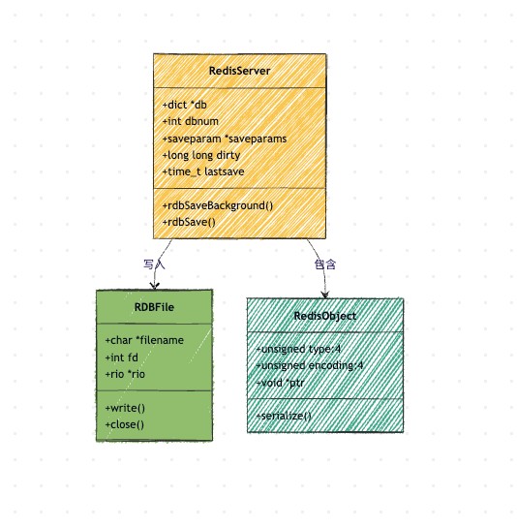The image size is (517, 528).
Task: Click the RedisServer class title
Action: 240,71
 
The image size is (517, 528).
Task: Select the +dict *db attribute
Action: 185,105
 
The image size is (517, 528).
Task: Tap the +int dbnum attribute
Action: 191,121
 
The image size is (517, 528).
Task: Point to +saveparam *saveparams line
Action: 225,139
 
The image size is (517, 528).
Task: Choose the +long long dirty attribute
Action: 201,155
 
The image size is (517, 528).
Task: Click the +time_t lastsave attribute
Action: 203,171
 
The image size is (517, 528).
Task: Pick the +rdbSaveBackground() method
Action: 218,205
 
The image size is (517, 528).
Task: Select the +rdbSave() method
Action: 189,222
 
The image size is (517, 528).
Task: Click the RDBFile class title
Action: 154,307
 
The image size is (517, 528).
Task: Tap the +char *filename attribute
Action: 144,340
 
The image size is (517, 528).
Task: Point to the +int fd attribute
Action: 122,357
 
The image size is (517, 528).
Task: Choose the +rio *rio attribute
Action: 125,374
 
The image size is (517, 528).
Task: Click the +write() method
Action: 125,408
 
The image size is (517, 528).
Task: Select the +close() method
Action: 125,424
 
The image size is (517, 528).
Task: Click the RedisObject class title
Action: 325,316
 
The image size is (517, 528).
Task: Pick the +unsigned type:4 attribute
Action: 298,349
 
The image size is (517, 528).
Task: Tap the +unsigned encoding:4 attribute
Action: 310,365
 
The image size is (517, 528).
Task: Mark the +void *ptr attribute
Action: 281,383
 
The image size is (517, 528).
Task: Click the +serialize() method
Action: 284,417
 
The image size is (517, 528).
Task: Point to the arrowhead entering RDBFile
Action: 155,287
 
